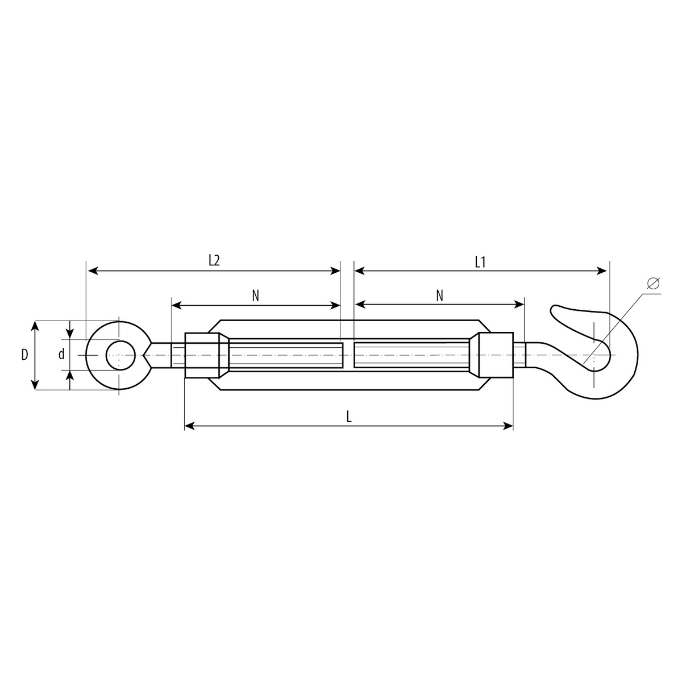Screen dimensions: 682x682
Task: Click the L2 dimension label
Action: [x=214, y=260]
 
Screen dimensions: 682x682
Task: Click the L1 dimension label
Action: [x=480, y=262]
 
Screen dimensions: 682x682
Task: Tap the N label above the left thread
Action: [x=256, y=296]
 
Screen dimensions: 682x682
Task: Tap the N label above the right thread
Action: [x=439, y=296]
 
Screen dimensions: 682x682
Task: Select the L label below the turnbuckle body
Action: [x=349, y=417]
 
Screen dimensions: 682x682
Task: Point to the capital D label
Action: [x=24, y=355]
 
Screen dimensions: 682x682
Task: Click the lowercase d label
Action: [x=61, y=354]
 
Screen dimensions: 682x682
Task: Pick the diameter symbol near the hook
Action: [x=654, y=283]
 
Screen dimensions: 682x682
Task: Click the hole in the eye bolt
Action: [x=120, y=355]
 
